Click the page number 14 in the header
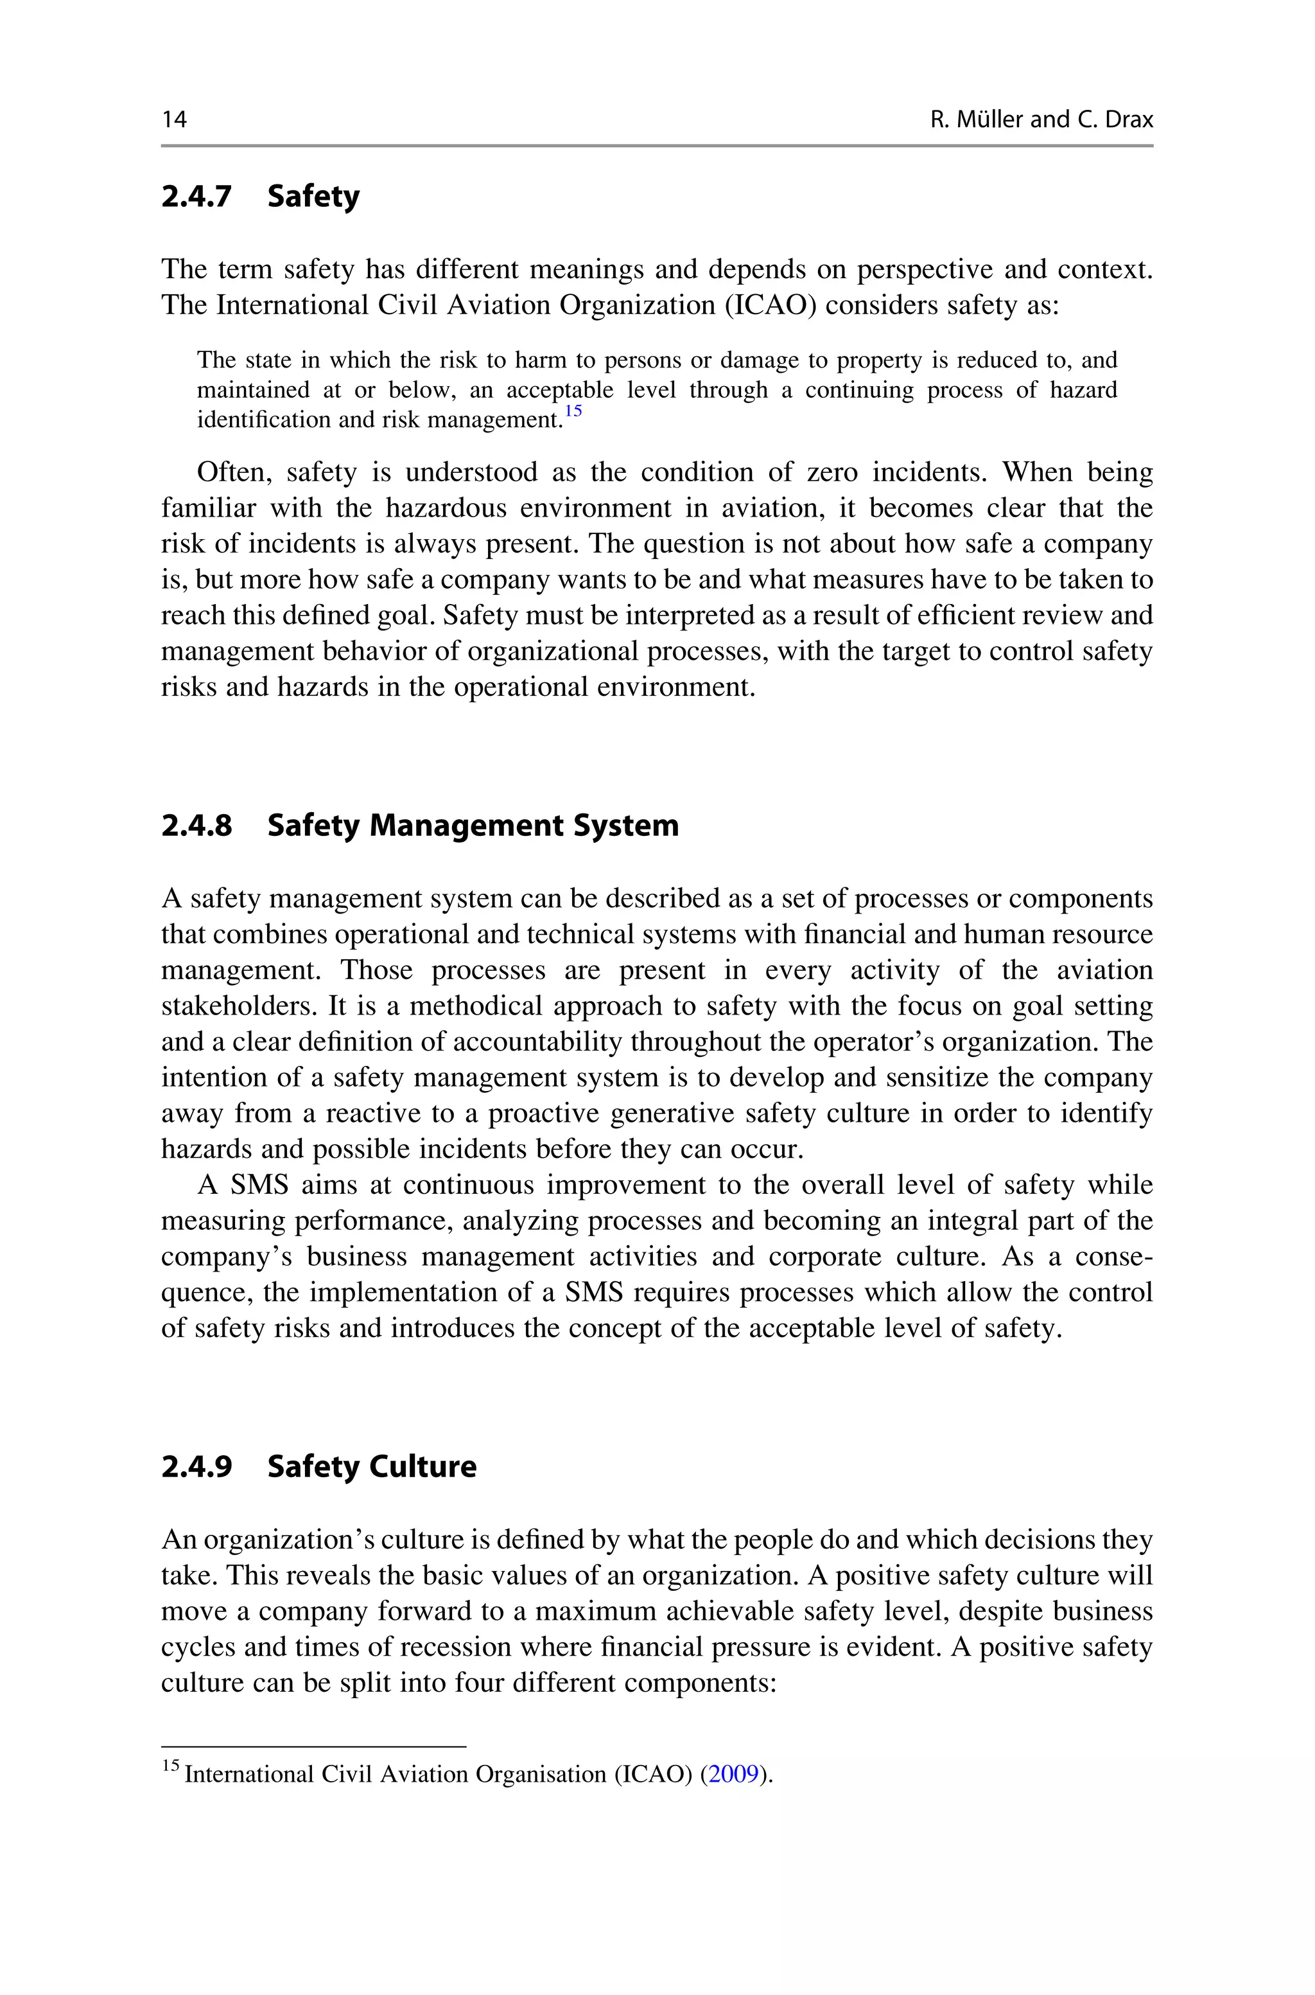[175, 120]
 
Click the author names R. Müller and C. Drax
[1041, 120]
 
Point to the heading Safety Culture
[372, 1466]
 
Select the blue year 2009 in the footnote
[734, 1775]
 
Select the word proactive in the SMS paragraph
[544, 1113]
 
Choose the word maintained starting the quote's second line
[252, 390]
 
